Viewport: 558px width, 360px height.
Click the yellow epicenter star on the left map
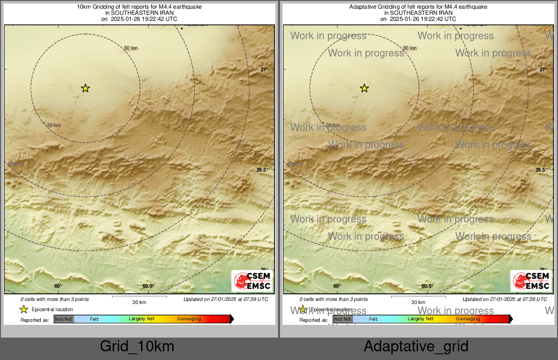click(x=85, y=89)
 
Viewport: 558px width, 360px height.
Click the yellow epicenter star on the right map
click(x=364, y=89)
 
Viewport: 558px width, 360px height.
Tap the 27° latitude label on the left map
click(x=264, y=70)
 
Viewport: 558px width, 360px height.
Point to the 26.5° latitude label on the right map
click(x=541, y=170)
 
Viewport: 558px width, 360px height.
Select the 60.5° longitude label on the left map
click(x=148, y=286)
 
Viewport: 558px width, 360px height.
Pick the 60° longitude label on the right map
click(x=337, y=286)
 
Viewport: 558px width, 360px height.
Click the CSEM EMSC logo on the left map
click(x=252, y=281)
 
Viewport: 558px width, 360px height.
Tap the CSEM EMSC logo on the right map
click(x=531, y=281)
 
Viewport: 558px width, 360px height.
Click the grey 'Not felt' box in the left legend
click(x=64, y=319)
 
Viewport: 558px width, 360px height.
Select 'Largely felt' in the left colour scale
click(x=142, y=319)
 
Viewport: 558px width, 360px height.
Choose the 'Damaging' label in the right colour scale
click(x=468, y=319)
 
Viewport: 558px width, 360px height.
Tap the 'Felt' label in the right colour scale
click(x=373, y=319)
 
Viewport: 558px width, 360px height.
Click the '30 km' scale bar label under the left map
click(x=139, y=302)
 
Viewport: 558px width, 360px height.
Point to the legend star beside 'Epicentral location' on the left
click(x=23, y=309)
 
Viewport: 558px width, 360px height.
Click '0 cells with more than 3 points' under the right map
click(x=333, y=299)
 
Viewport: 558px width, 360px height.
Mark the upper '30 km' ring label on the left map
click(x=131, y=48)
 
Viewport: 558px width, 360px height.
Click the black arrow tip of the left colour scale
click(x=232, y=319)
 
